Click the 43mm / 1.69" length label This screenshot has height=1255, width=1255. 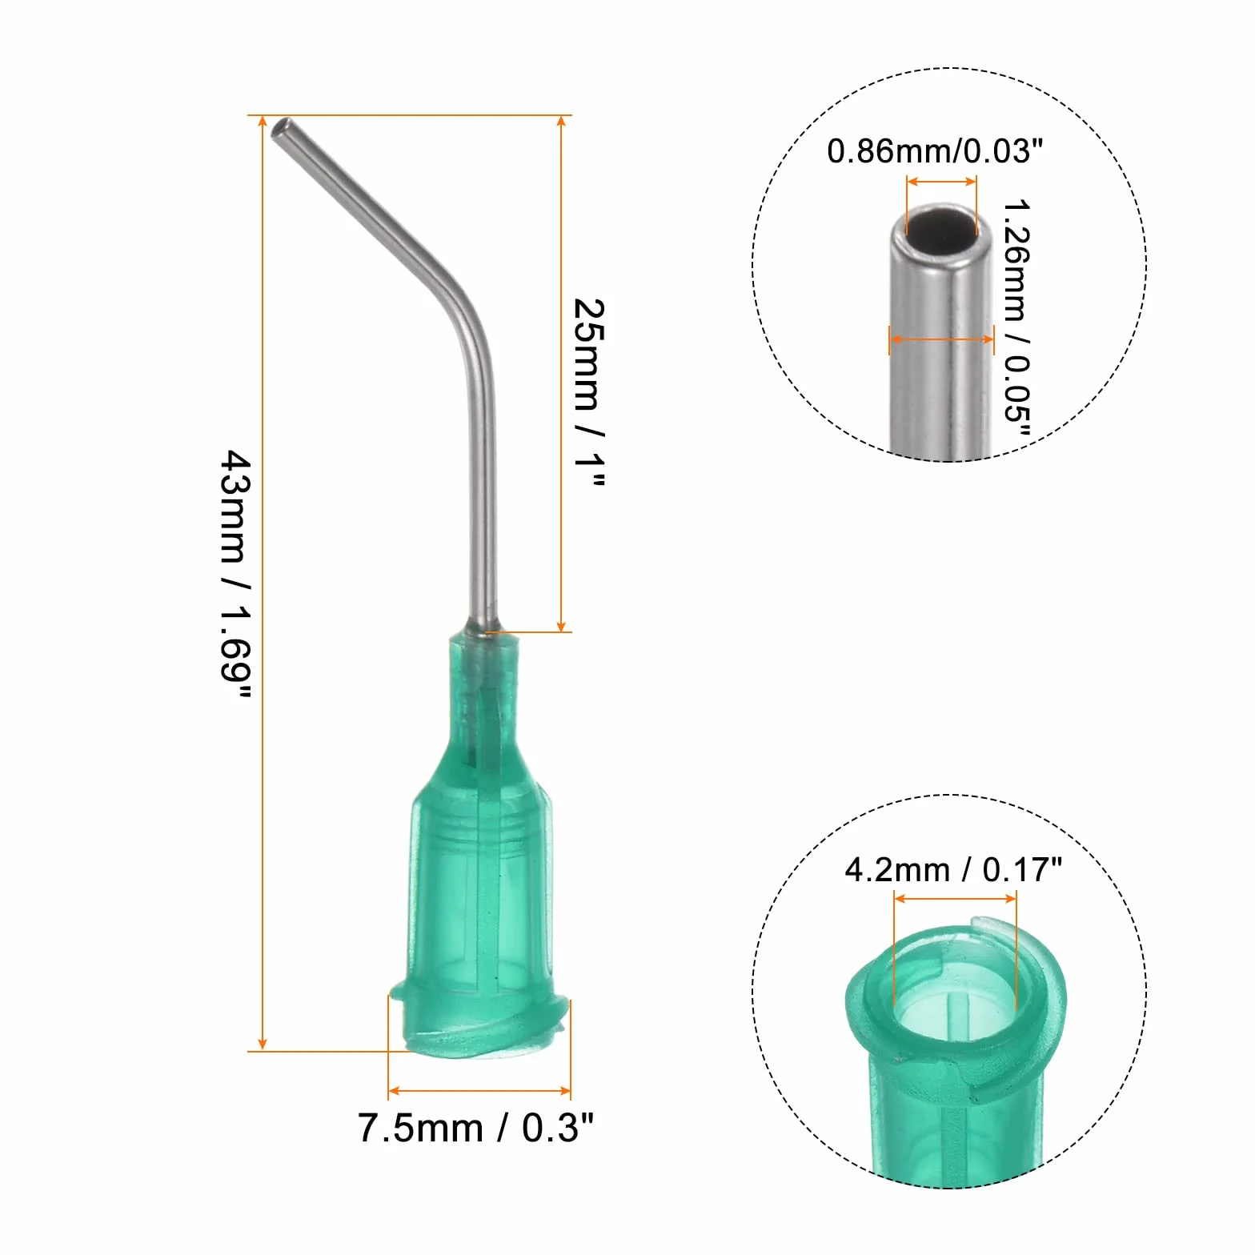pos(236,575)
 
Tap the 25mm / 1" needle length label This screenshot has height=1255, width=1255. pos(590,393)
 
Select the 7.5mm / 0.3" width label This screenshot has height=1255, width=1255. pos(475,1128)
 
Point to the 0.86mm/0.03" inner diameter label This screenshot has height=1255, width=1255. pos(935,150)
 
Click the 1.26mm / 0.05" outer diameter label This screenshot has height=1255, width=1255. pos(1016,320)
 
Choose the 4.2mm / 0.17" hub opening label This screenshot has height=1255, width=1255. pos(953,869)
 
